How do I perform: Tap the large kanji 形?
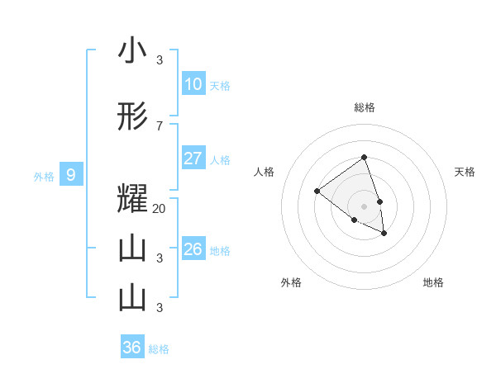(132, 116)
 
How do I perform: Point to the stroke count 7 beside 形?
(160, 125)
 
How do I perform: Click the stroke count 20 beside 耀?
(160, 209)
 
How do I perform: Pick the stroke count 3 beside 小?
(160, 59)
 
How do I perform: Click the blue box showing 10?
(193, 84)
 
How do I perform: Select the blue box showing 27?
(193, 159)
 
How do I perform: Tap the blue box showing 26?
(193, 249)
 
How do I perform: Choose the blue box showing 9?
(71, 175)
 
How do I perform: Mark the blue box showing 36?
(132, 348)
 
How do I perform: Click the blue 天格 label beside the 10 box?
(220, 85)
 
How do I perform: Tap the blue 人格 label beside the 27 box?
(220, 159)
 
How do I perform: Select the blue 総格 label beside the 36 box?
(159, 348)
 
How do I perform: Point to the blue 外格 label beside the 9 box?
(44, 176)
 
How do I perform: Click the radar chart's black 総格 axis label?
(364, 107)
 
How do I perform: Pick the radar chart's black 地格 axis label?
(433, 282)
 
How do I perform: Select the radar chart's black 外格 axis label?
(291, 282)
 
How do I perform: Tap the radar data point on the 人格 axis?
(317, 192)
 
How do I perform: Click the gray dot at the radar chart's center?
(364, 206)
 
